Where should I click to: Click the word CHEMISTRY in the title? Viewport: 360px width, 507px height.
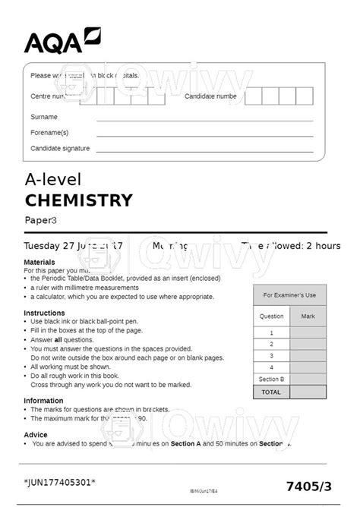[78, 200]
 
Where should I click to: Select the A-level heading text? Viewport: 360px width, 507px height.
[52, 179]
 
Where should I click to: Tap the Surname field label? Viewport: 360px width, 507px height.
[43, 117]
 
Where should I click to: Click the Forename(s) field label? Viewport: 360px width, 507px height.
[49, 133]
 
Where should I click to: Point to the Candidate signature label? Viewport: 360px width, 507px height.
[59, 149]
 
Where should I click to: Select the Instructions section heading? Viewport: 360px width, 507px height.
[44, 313]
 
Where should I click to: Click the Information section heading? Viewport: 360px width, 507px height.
[43, 400]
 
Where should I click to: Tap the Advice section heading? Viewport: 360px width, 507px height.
[35, 435]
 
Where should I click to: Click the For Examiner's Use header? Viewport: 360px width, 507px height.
[289, 294]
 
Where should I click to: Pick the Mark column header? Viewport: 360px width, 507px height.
[308, 316]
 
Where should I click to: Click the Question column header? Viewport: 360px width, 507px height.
[271, 316]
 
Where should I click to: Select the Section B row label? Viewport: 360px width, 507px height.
[271, 379]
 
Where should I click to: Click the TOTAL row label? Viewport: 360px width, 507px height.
[271, 392]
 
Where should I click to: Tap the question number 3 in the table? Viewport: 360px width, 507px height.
[271, 355]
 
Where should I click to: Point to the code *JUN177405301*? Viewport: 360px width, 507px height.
[59, 483]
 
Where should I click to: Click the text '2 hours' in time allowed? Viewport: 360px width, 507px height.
[322, 246]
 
